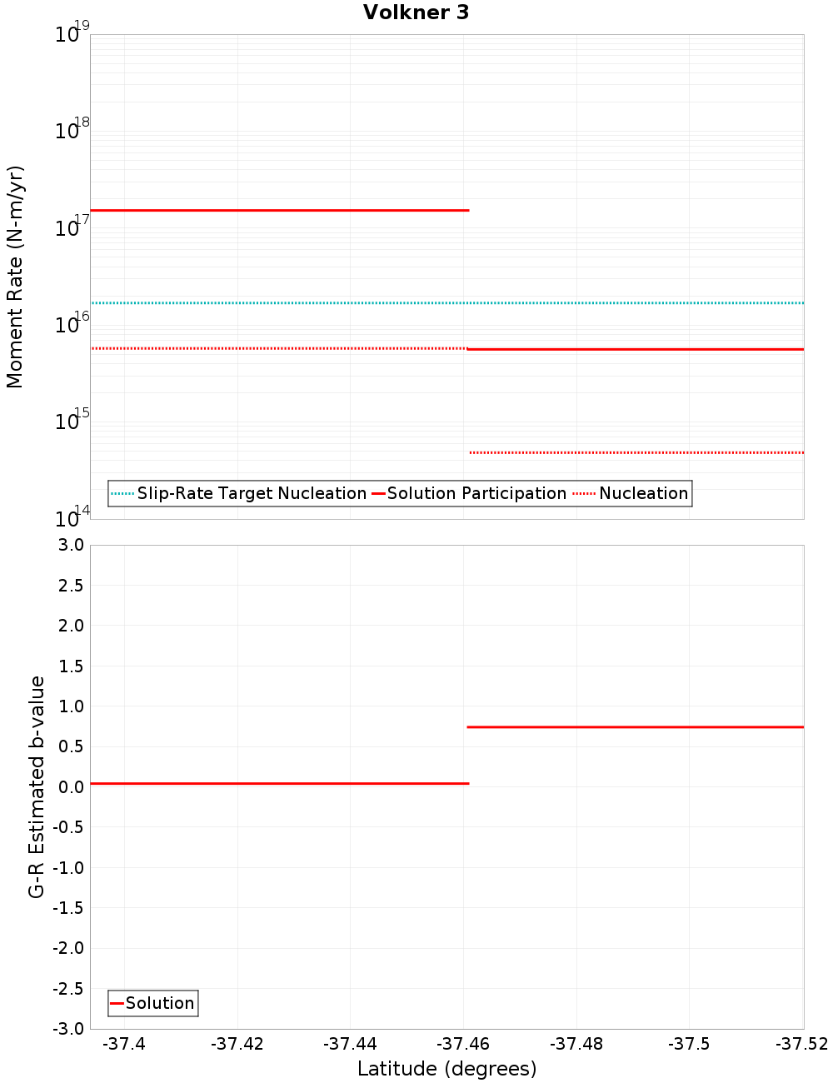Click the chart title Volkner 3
point(416,12)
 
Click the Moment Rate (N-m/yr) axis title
point(15,277)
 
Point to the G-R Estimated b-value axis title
point(37,786)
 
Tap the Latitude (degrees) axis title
point(446,1069)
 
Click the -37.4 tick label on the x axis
point(124,1044)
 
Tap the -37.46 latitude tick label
point(463,1044)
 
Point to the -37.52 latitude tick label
point(801,1044)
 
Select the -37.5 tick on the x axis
point(689,1044)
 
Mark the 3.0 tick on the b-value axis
point(70,545)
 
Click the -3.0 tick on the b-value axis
point(67,1029)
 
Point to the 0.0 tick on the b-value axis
point(70,786)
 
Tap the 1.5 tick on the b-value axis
point(70,666)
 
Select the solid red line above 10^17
point(279,210)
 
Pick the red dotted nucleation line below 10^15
point(636,452)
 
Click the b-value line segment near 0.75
point(635,727)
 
